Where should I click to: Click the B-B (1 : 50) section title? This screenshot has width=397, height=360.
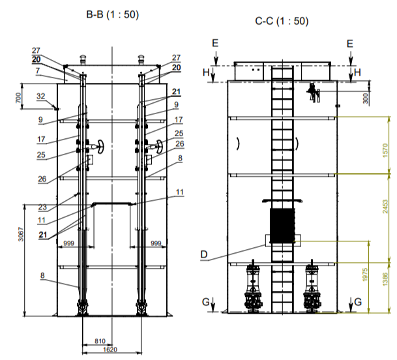[113, 14]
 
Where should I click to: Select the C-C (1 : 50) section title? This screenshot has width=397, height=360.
[282, 21]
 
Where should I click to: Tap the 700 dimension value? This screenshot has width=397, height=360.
[18, 98]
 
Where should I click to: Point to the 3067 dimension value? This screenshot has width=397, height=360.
[21, 234]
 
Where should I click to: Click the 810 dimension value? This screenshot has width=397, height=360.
[100, 341]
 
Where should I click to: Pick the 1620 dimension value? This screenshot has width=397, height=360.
[110, 350]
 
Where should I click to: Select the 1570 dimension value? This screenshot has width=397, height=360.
[385, 151]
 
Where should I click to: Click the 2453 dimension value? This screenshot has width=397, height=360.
[385, 207]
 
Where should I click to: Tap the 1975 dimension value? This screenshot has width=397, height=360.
[365, 275]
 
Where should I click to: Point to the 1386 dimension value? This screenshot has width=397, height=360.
[385, 279]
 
